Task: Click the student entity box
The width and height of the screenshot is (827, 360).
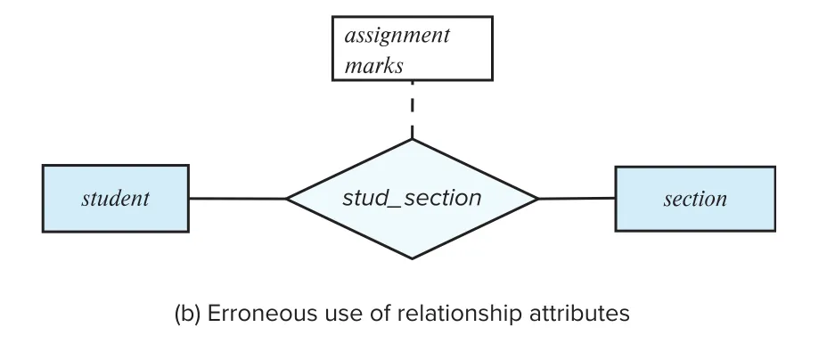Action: point(116,198)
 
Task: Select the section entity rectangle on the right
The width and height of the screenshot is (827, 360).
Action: point(695,199)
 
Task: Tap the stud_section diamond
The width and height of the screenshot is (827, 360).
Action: point(412,199)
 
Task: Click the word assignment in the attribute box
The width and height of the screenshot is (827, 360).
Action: point(397,37)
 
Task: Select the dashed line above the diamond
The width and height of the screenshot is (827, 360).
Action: point(412,110)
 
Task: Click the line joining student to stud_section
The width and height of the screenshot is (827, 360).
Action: point(238,199)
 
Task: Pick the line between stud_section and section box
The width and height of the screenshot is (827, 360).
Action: point(577,199)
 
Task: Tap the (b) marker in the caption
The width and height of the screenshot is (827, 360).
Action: point(188,315)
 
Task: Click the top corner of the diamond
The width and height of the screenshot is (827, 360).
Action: point(412,139)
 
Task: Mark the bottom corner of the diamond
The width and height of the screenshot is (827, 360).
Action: point(412,259)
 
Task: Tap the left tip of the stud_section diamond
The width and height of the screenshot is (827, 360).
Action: point(286,199)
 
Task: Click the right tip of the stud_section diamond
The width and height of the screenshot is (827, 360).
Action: point(538,199)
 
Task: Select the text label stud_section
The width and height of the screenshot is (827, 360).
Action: point(412,198)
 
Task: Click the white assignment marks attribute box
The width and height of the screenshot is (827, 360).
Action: point(413,48)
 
